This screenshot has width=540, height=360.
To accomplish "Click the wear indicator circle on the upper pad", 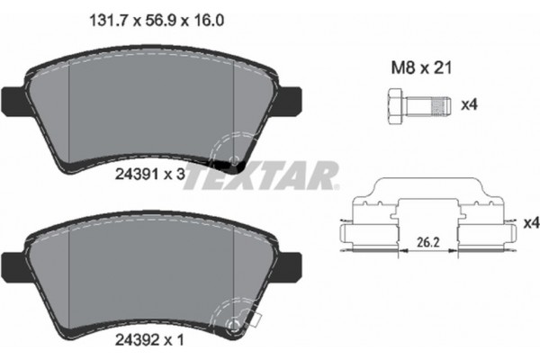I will click(238, 161).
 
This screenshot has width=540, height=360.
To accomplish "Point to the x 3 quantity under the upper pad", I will click(175, 176).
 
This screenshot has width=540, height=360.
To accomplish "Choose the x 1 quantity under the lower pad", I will click(175, 342).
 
